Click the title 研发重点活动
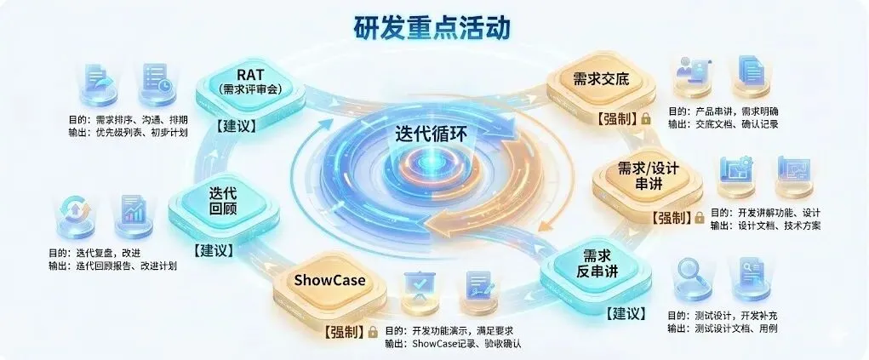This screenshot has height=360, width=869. click(x=433, y=27)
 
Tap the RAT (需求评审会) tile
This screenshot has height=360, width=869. click(x=250, y=82)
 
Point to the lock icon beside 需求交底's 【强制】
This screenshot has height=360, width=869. click(x=647, y=119)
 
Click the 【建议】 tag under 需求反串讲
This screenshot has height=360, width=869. click(x=628, y=313)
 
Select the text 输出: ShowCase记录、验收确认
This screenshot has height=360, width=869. click(x=452, y=344)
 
